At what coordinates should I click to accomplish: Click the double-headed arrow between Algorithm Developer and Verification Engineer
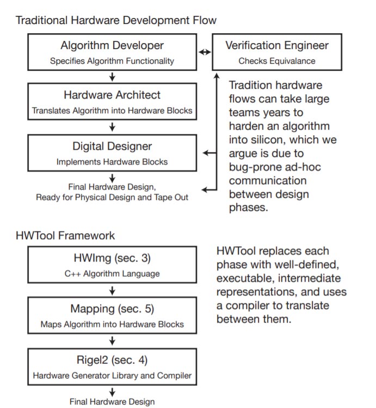(x=205, y=52)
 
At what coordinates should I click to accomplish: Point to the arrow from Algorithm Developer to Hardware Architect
(x=112, y=77)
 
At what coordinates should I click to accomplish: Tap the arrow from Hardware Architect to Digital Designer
(x=112, y=127)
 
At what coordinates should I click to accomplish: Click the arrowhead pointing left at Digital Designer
(x=205, y=153)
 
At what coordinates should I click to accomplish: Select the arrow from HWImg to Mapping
(x=112, y=290)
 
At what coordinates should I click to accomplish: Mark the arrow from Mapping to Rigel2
(x=112, y=341)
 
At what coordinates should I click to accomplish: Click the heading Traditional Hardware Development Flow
(x=116, y=20)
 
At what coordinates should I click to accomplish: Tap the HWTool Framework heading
(x=65, y=235)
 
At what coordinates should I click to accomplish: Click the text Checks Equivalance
(x=277, y=61)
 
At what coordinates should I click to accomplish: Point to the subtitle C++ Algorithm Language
(x=112, y=274)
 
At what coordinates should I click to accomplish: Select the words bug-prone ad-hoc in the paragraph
(x=275, y=167)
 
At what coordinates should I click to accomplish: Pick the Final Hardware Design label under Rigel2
(x=112, y=401)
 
